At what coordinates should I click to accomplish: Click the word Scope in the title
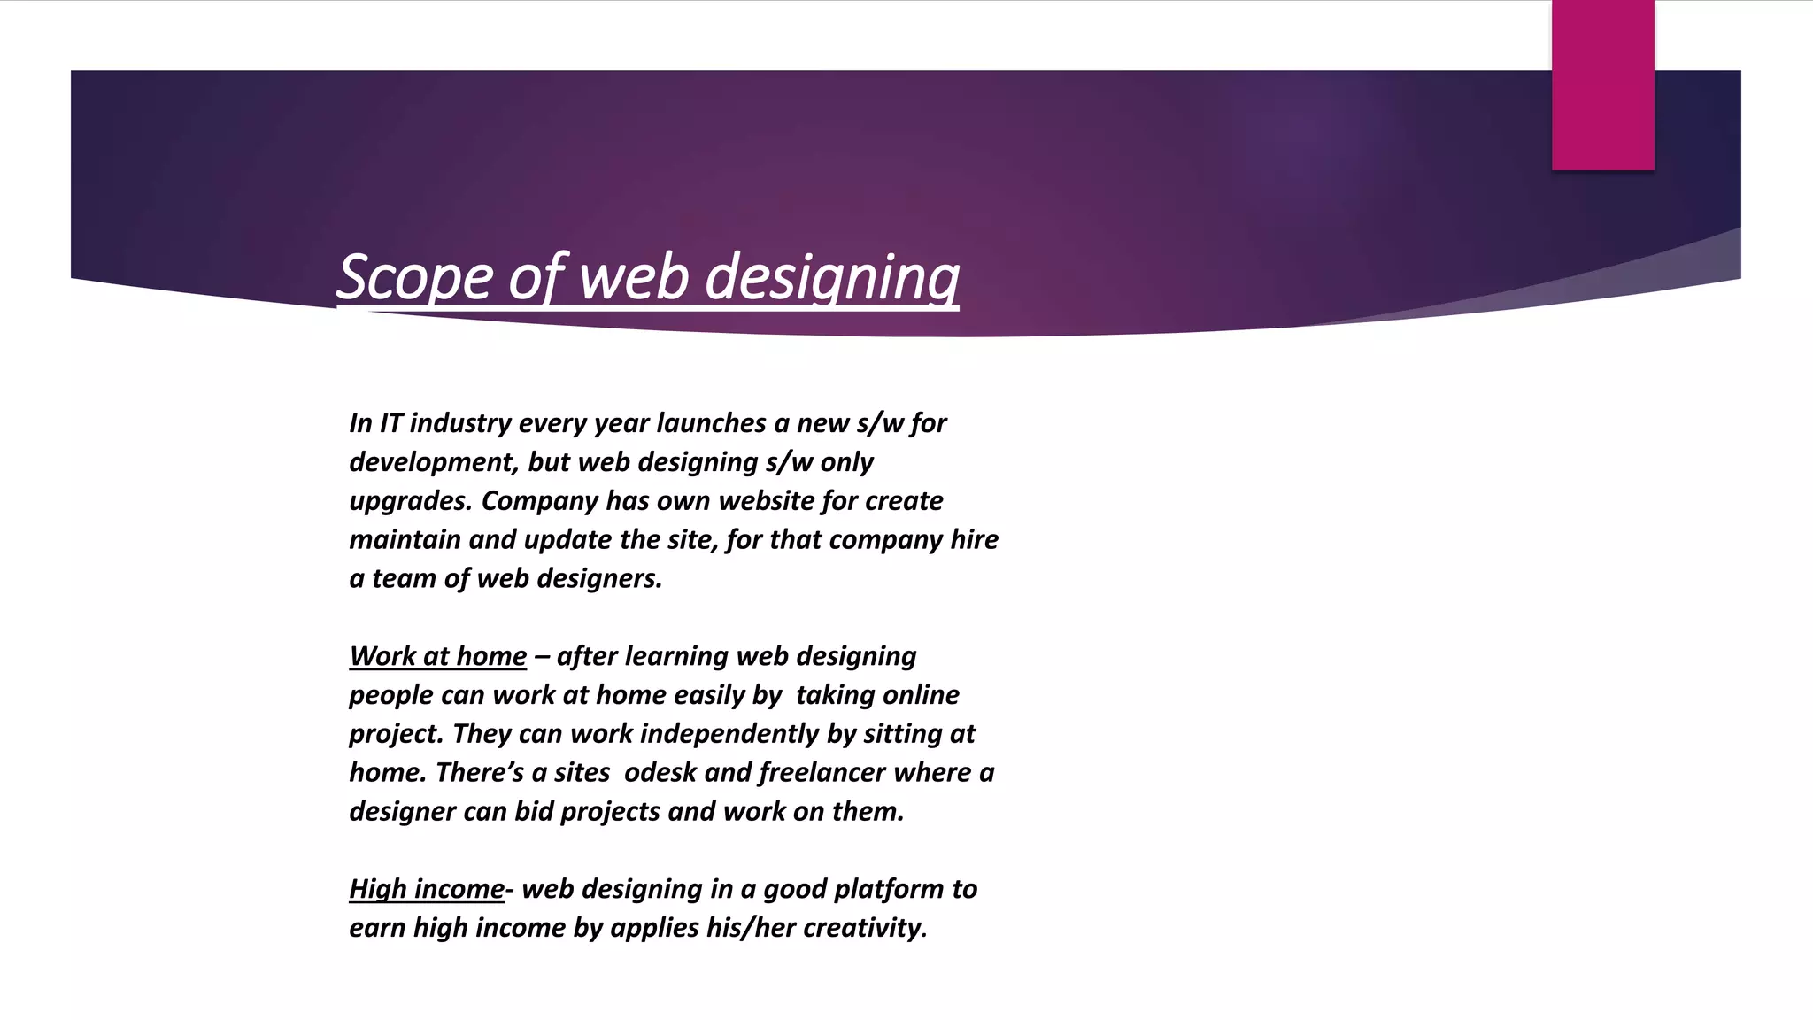pos(416,278)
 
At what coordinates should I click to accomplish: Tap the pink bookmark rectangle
pos(1602,85)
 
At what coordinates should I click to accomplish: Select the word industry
pos(460,423)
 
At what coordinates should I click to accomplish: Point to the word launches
pos(711,423)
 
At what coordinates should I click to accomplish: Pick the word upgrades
pos(410,501)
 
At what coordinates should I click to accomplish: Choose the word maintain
pos(405,540)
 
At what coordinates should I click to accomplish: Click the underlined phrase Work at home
pos(437,656)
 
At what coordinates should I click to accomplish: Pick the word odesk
pos(660,773)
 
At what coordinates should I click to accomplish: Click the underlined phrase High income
pos(426,889)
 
